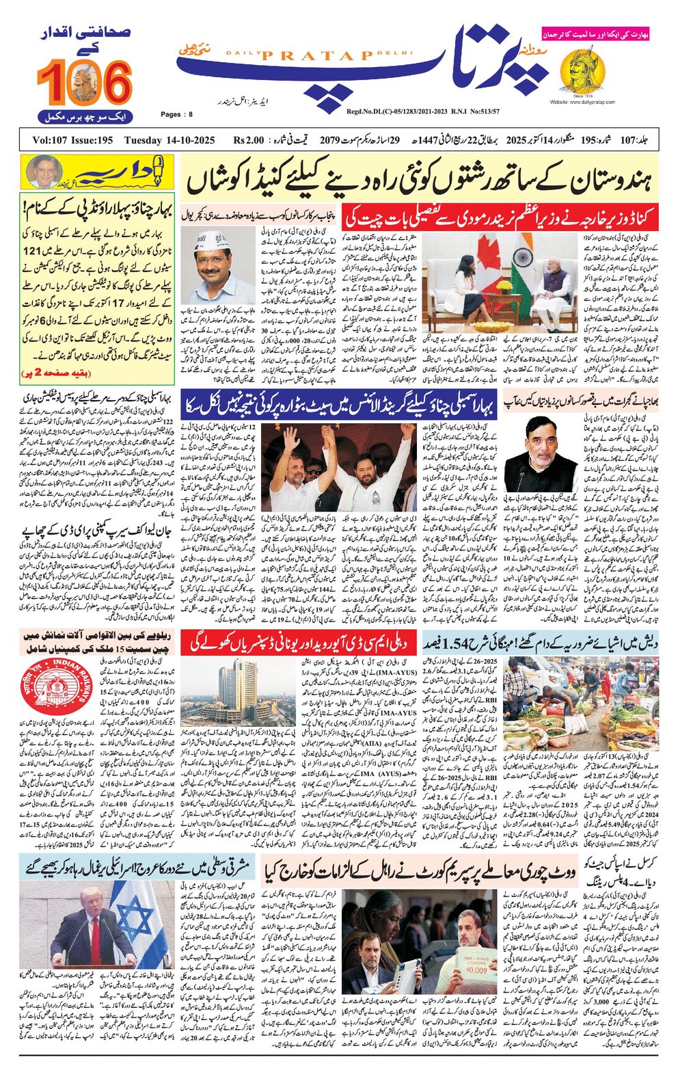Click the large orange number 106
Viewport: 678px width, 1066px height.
(x=84, y=83)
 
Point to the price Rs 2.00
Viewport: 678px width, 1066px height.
(x=248, y=141)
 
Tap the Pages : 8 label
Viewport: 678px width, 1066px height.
(x=177, y=114)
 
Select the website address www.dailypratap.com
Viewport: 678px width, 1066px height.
(x=582, y=102)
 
